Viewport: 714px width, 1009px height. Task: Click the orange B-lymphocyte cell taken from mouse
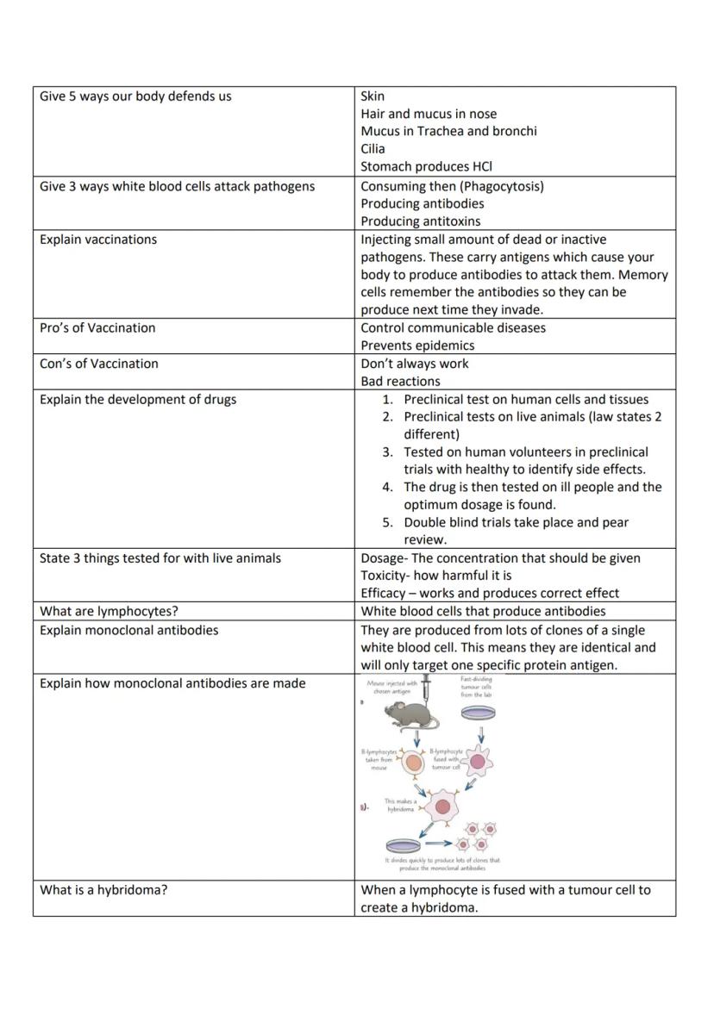[x=414, y=763]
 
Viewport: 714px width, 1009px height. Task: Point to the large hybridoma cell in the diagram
[x=442, y=807]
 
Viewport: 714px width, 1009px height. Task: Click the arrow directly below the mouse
[x=417, y=739]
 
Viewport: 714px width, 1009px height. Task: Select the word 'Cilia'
[x=373, y=149]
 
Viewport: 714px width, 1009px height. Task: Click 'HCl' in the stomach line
[x=483, y=166]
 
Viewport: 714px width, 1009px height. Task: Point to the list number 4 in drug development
[x=387, y=487]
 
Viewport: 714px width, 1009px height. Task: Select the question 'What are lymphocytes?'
[x=109, y=611]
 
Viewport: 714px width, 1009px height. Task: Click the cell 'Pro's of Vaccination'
[x=97, y=327]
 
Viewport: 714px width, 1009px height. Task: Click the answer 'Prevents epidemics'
[x=417, y=346]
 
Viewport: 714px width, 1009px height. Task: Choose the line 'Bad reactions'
[x=400, y=381]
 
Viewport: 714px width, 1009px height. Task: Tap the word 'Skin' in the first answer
[x=373, y=96]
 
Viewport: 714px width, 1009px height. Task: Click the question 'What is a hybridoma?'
[x=103, y=889]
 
